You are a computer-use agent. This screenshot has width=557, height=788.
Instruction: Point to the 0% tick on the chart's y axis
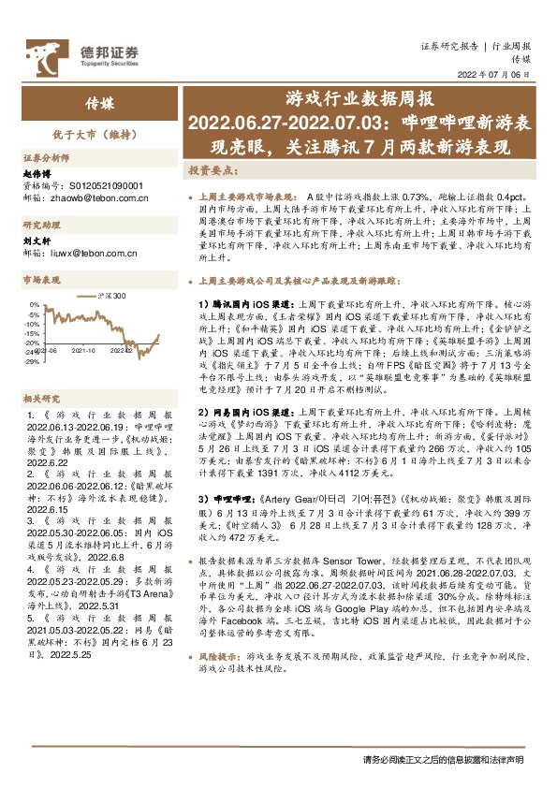coord(35,305)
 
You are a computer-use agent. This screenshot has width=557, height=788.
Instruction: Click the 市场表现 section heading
coord(41,280)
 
